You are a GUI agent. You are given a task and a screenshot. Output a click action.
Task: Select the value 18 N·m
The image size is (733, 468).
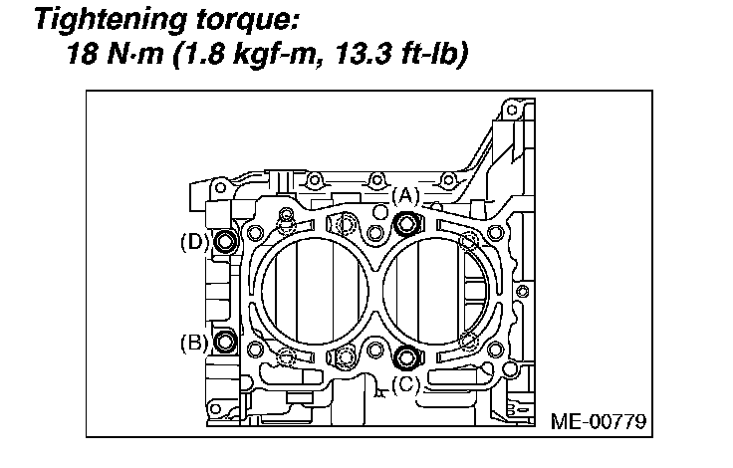tap(116, 54)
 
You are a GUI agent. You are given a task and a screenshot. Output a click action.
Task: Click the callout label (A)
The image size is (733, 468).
tap(405, 196)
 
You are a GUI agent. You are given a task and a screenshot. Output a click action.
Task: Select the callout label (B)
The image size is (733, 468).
tap(194, 344)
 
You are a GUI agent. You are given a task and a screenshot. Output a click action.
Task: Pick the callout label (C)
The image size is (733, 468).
tap(405, 384)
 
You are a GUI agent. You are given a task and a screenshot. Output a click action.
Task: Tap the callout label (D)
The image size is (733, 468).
tap(194, 243)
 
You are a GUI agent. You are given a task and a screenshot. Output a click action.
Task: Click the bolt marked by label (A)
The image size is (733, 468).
tap(405, 223)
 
